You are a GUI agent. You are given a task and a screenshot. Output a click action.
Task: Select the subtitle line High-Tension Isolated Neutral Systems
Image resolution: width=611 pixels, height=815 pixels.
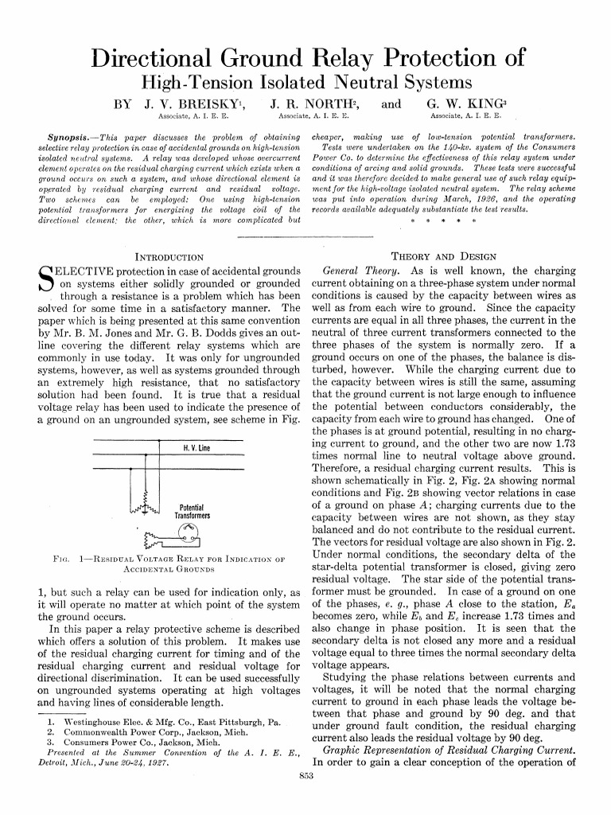coord(306,82)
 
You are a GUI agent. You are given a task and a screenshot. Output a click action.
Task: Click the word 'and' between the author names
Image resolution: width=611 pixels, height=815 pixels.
coord(391,104)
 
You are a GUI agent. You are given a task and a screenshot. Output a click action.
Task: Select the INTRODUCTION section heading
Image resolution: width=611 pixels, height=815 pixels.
coord(170,257)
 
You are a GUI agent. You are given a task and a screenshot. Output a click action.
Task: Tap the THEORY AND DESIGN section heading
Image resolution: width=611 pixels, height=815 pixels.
coord(445,257)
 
